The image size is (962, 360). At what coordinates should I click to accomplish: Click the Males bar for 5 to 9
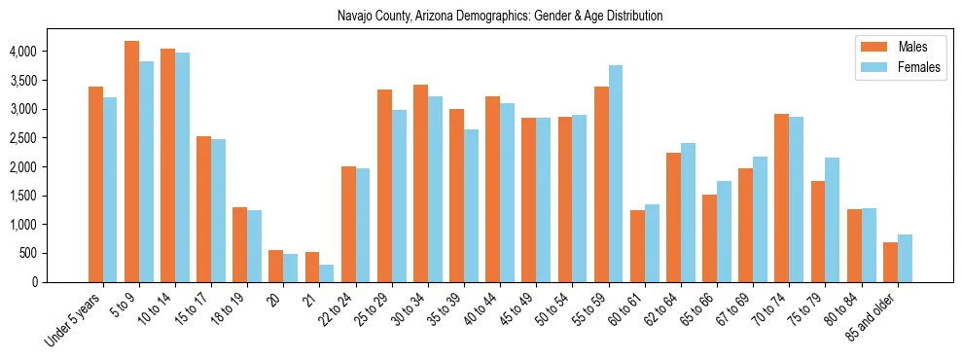[x=131, y=162]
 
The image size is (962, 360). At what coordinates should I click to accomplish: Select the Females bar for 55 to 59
[x=616, y=173]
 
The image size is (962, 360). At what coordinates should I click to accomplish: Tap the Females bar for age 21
[x=327, y=273]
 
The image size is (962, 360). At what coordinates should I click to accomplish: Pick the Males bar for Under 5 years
[x=95, y=184]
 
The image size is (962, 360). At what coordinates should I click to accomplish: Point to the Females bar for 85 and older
[x=905, y=258]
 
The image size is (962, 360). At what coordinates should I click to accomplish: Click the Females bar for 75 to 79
[x=833, y=220]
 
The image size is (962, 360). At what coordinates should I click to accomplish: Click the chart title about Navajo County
[x=500, y=16]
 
